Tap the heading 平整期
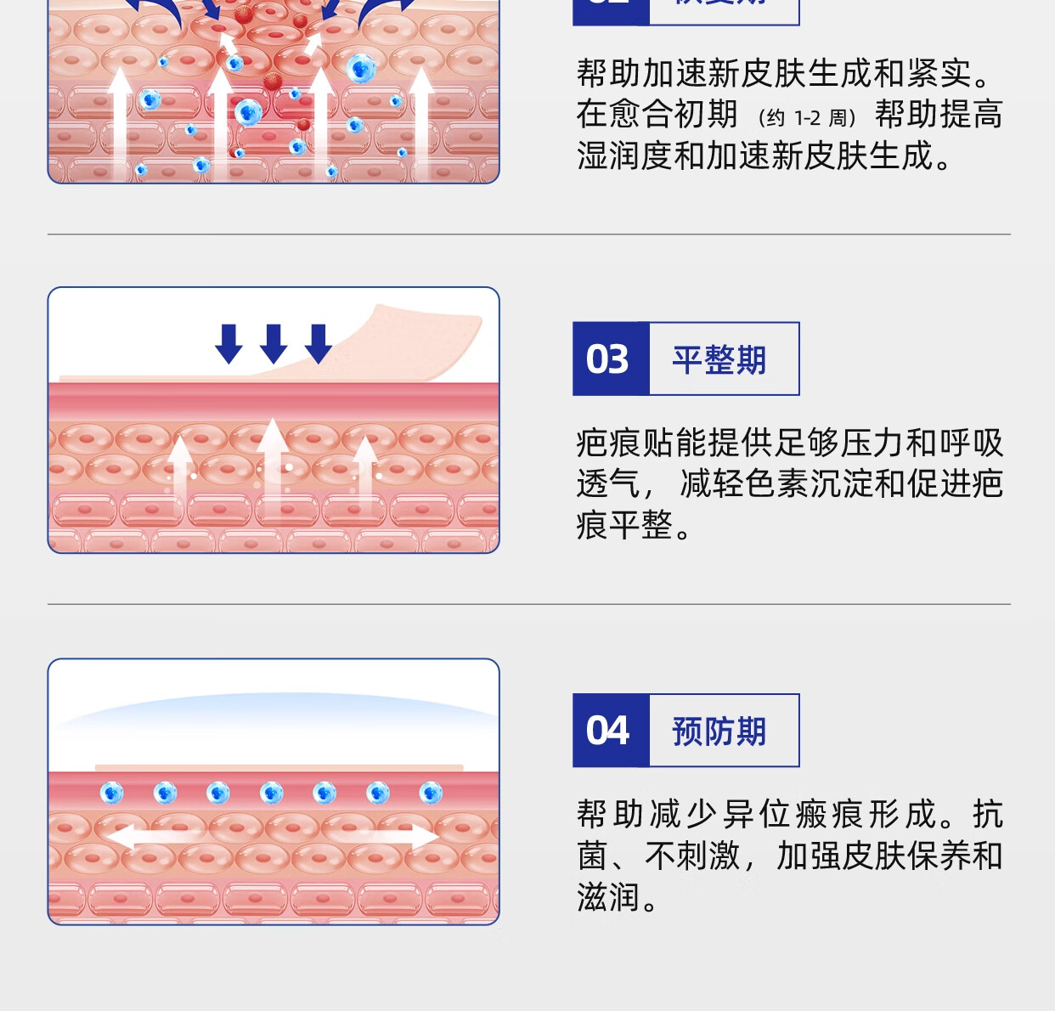click(719, 360)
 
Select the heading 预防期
click(719, 731)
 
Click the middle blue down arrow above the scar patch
click(274, 343)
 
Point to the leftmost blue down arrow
click(229, 343)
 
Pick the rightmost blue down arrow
click(319, 343)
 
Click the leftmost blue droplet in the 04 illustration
click(112, 793)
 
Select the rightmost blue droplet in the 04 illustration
click(431, 793)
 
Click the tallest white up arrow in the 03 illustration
click(272, 467)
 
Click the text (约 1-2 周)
click(807, 118)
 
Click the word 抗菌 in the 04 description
click(988, 814)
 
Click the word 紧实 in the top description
click(939, 74)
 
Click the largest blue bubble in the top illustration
click(360, 68)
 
